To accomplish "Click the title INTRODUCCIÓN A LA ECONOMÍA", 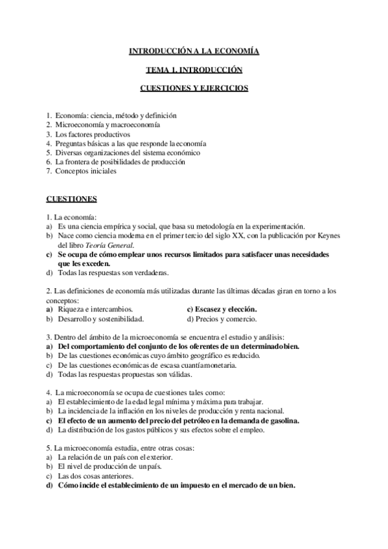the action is pos(194,50).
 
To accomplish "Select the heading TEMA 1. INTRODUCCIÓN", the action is pos(194,69).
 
